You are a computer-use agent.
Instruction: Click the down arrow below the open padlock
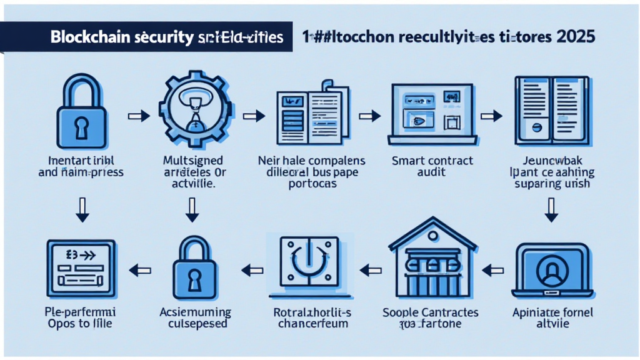(x=81, y=210)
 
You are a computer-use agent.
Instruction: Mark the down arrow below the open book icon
(x=551, y=210)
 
